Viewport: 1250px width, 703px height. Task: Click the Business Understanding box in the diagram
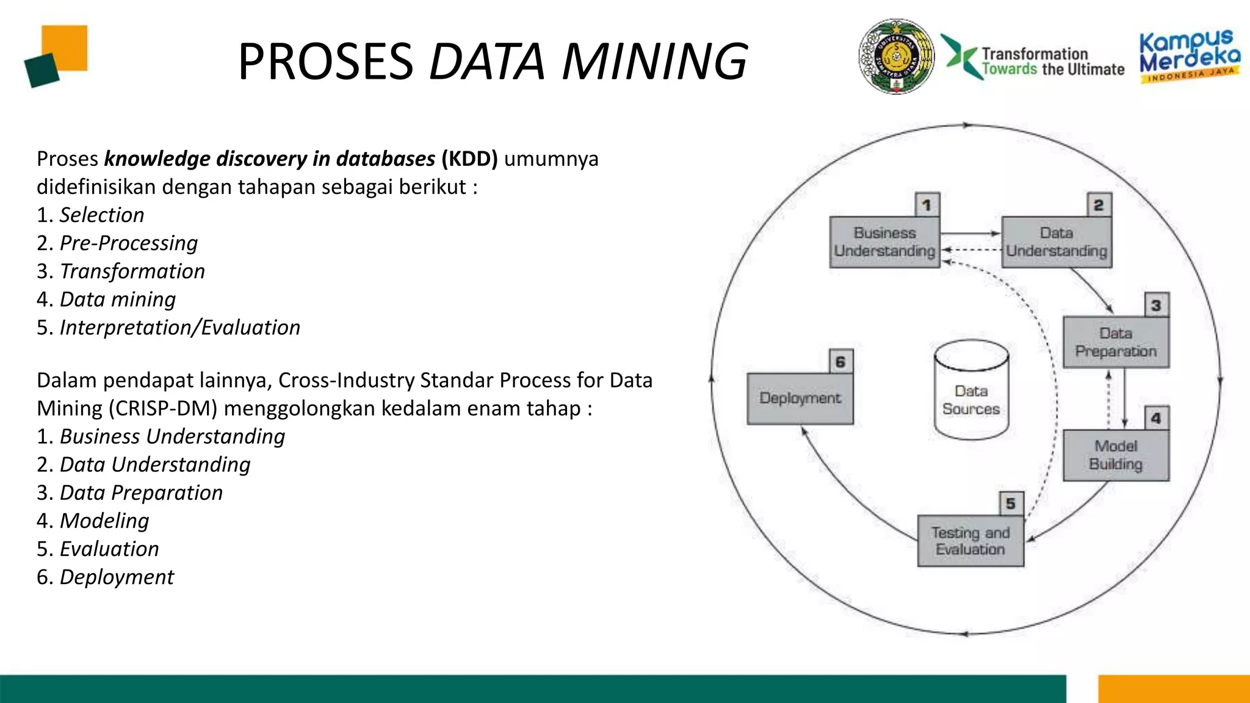tap(884, 242)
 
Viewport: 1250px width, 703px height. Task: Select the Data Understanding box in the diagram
tap(1057, 242)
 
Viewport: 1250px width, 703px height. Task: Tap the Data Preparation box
tap(1116, 342)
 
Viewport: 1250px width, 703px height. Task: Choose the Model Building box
tap(1116, 455)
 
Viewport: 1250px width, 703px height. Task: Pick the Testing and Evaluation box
tap(970, 541)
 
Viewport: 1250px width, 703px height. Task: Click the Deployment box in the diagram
tap(800, 398)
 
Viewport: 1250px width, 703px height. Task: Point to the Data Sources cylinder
tap(971, 391)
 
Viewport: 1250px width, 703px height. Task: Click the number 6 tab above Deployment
tap(840, 362)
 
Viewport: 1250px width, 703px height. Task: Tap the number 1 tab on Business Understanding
tap(927, 204)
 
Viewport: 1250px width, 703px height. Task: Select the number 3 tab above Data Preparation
tap(1156, 305)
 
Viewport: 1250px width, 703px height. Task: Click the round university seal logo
tap(896, 56)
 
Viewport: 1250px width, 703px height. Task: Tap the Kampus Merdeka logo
tap(1190, 56)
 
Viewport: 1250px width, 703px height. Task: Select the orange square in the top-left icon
tap(66, 46)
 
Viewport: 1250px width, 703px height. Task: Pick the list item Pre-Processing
tap(129, 243)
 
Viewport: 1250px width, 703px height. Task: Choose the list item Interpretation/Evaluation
tap(180, 328)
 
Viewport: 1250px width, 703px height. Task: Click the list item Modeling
tap(104, 521)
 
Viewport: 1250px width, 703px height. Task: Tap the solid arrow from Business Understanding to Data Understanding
tap(970, 233)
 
